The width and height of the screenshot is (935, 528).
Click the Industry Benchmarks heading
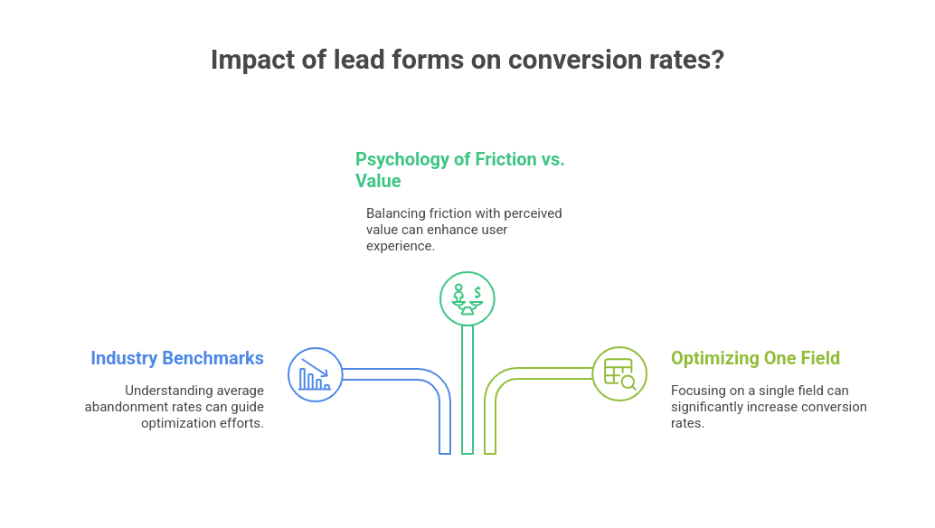pos(177,358)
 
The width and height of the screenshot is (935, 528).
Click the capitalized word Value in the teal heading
pos(378,181)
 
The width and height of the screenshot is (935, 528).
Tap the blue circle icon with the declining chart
pos(315,374)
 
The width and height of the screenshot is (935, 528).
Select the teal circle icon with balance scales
pos(467,297)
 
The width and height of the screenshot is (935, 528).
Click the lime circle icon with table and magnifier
pos(620,373)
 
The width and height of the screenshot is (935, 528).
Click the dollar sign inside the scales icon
pos(477,292)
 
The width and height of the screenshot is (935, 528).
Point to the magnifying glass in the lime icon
pos(628,382)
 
